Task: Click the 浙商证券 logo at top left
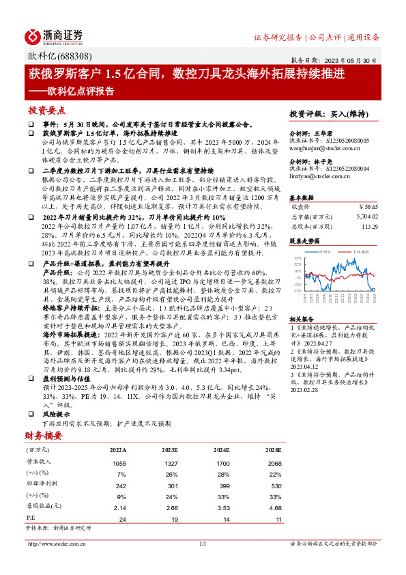click(x=54, y=36)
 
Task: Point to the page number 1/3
click(x=202, y=544)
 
